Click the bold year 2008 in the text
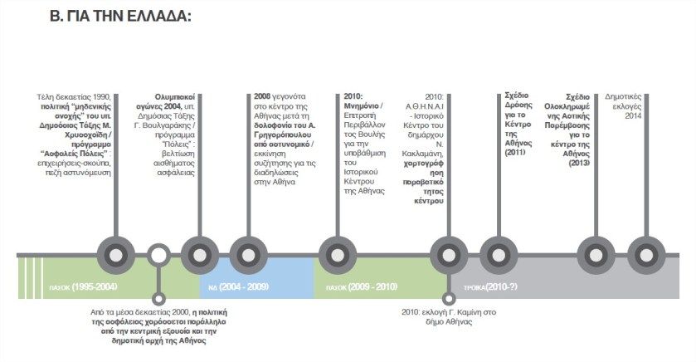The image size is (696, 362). click(x=263, y=96)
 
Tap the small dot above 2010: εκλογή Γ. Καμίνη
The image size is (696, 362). click(x=449, y=298)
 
